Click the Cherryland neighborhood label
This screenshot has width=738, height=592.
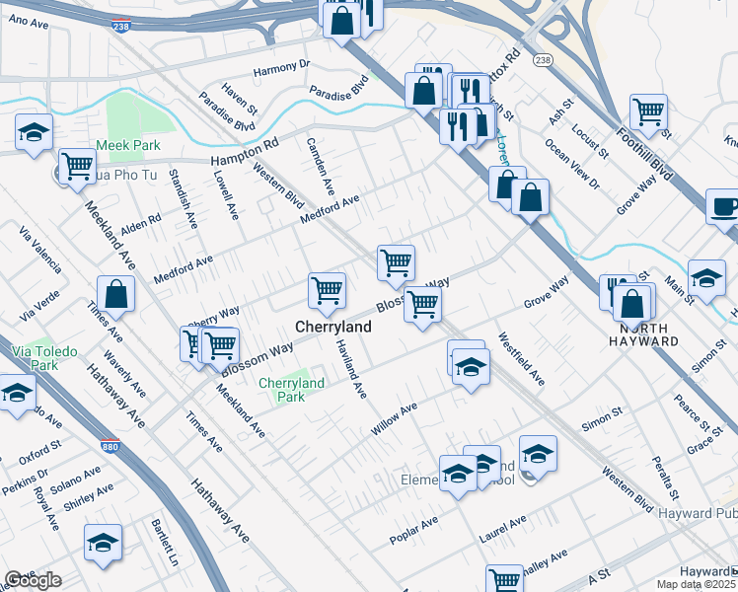point(334,327)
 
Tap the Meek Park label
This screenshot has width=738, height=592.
point(133,145)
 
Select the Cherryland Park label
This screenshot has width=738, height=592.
point(291,390)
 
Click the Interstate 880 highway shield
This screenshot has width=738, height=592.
point(111,447)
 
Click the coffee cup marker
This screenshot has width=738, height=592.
point(723,208)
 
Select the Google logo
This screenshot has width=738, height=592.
point(33,580)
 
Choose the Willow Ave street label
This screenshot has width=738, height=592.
point(394,418)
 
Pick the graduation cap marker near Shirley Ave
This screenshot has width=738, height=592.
point(103,544)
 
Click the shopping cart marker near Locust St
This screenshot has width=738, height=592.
point(648,113)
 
